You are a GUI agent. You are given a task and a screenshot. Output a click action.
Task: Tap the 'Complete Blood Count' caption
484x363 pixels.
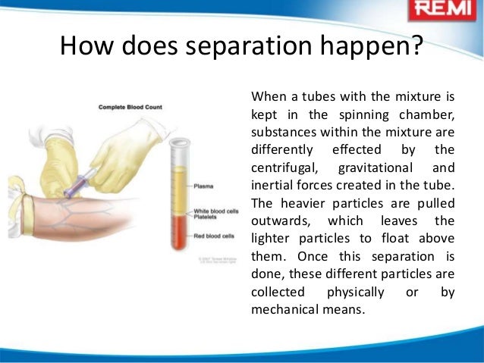tap(129, 108)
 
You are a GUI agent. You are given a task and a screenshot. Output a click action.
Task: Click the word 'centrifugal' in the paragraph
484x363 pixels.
tap(280, 167)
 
